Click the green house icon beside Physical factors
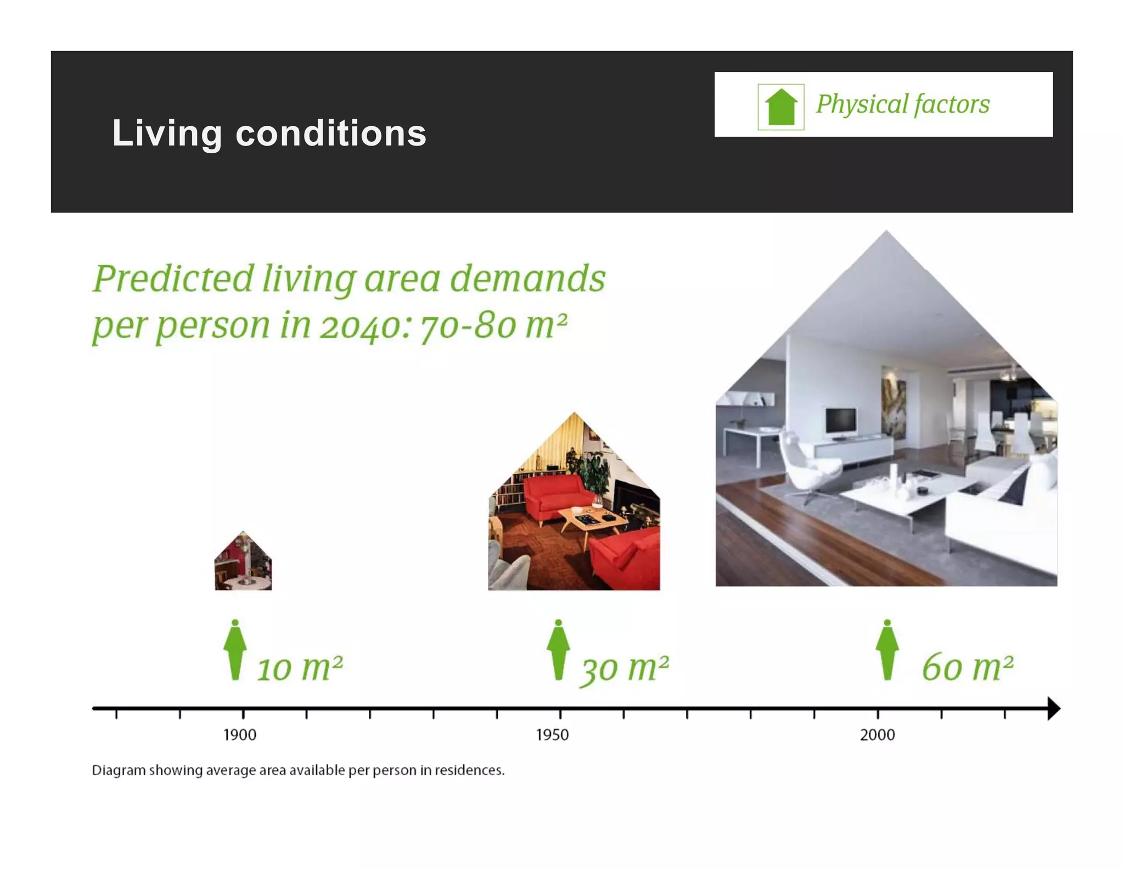coord(780,107)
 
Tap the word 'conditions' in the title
coord(331,133)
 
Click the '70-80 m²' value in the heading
coord(493,326)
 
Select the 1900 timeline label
coord(240,735)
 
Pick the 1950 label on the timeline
coord(552,735)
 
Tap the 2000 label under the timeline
coord(877,735)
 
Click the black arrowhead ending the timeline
coord(1053,709)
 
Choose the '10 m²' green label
coord(300,668)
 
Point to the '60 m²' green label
coord(967,667)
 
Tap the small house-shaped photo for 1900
coord(243,563)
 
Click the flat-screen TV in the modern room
coord(840,422)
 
